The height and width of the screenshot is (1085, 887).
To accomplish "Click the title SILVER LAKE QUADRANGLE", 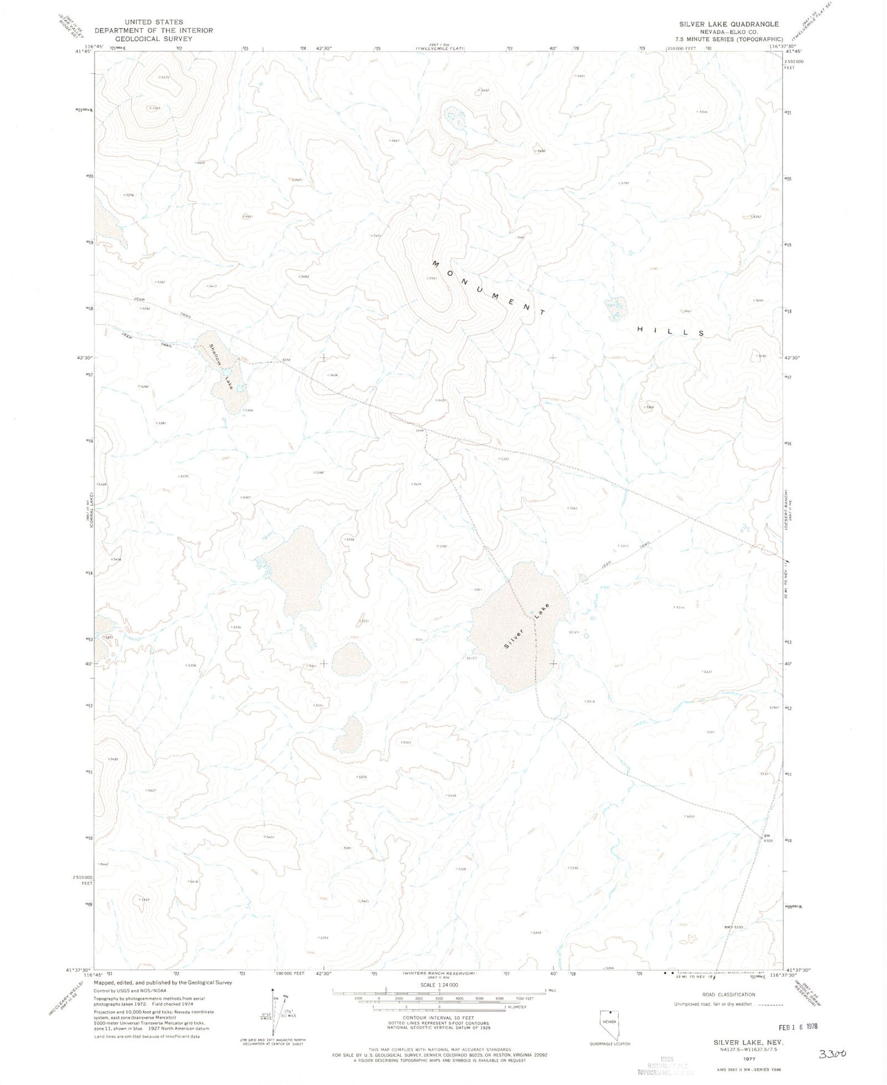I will pos(729,24).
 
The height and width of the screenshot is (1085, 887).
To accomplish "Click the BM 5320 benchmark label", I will pos(767,838).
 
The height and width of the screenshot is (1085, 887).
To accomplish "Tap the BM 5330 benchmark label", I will pos(734,927).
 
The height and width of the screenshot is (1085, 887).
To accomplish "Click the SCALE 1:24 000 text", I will pos(438,985).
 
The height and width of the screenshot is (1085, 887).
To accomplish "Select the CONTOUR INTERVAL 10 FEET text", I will pos(439,1017).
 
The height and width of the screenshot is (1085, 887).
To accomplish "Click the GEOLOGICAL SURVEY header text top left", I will pos(154,39).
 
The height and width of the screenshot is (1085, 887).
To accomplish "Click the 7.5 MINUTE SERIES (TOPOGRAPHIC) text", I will pos(729,39).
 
